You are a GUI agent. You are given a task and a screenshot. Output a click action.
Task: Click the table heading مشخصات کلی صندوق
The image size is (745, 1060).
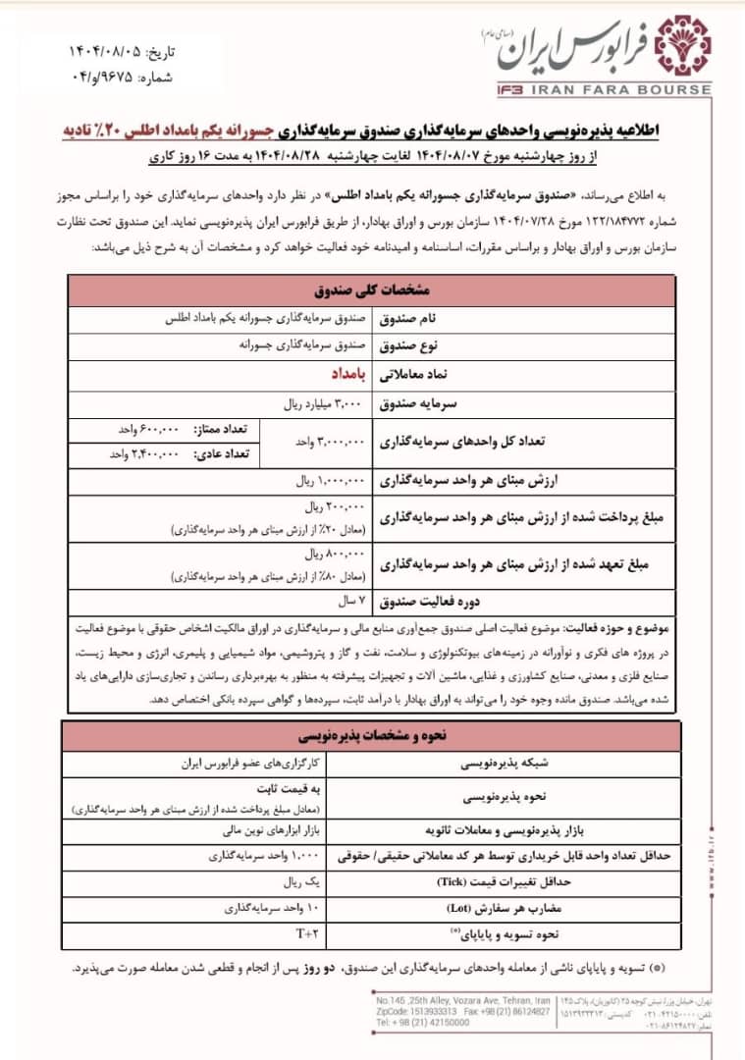tap(373, 292)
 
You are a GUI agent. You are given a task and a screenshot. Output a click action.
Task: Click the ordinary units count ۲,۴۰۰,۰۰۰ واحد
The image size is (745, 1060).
tap(143, 453)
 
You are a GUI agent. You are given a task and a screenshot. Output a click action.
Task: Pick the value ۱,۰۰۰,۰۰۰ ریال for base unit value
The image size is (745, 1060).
tap(331, 482)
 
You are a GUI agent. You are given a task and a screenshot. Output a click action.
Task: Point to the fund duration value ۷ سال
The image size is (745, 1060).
tap(350, 598)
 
